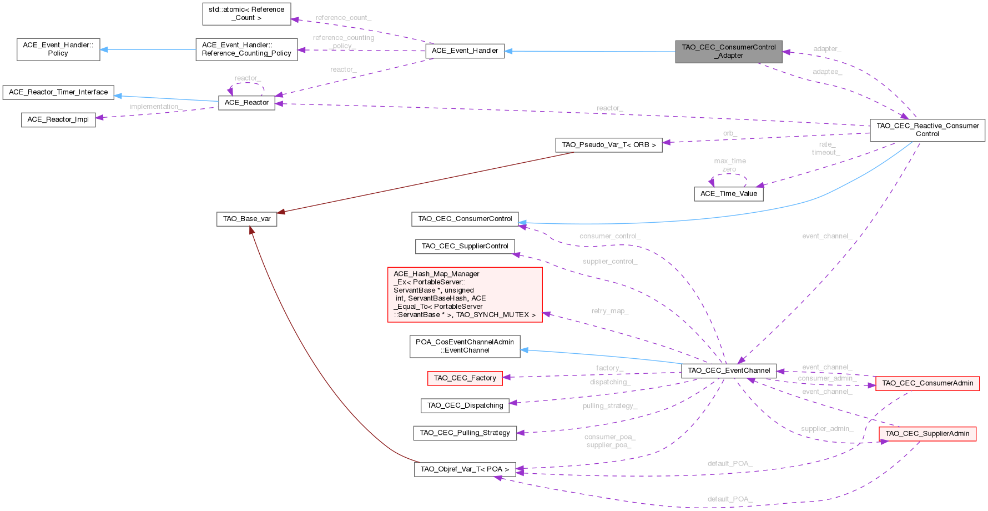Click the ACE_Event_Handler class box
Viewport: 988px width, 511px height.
pyautogui.click(x=465, y=51)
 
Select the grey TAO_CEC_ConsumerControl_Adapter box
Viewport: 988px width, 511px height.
pyautogui.click(x=728, y=51)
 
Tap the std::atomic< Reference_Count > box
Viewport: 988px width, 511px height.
pyautogui.click(x=246, y=14)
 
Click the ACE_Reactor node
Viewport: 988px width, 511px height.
pyautogui.click(x=246, y=103)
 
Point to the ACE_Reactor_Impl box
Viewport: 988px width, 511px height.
pyautogui.click(x=58, y=119)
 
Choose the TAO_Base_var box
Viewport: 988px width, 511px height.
pyautogui.click(x=246, y=219)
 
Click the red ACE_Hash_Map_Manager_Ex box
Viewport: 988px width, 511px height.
pyautogui.click(x=465, y=294)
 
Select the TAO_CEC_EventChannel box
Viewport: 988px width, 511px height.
pyautogui.click(x=728, y=370)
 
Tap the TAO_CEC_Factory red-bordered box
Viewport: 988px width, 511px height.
pyautogui.click(x=465, y=378)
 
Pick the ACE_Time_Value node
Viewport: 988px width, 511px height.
pyautogui.click(x=728, y=194)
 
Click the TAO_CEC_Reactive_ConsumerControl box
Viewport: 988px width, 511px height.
pyautogui.click(x=927, y=130)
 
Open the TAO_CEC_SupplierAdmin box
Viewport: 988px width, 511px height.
pyautogui.click(x=927, y=434)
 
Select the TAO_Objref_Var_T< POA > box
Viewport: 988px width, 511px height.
pyautogui.click(x=465, y=469)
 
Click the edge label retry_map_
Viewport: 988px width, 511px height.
pyautogui.click(x=609, y=311)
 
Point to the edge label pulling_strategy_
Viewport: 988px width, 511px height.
pyautogui.click(x=609, y=406)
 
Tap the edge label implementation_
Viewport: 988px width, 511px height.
pyautogui.click(x=154, y=107)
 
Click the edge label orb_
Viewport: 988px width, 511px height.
pyautogui.click(x=729, y=133)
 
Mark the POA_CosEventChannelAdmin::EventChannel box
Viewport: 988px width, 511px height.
pyautogui.click(x=465, y=346)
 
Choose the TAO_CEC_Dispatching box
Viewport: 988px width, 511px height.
pyautogui.click(x=465, y=405)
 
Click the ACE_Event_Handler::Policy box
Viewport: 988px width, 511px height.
pyautogui.click(x=58, y=49)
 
